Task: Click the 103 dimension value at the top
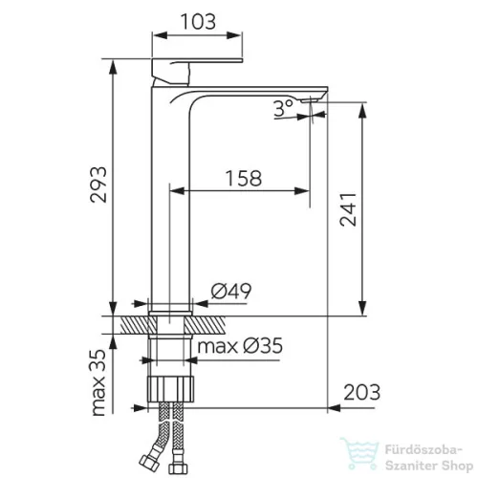(198, 22)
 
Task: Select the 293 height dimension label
(98, 185)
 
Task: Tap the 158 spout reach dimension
(244, 178)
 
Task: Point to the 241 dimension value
(348, 209)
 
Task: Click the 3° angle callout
(283, 108)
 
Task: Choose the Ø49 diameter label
(231, 291)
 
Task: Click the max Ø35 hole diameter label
(240, 346)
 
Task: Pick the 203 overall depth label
(362, 392)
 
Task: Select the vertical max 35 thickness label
(98, 382)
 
